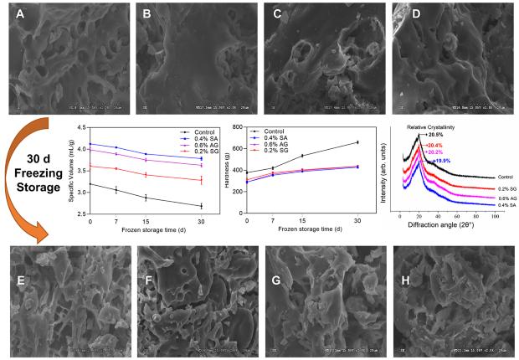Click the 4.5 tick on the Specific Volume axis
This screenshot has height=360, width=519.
click(x=82, y=128)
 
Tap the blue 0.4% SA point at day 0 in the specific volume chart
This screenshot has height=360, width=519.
click(x=90, y=144)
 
